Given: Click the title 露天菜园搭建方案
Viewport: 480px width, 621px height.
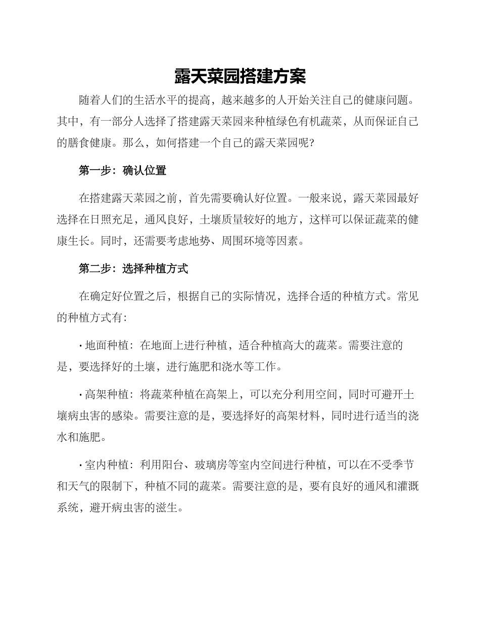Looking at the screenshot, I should tap(240, 77).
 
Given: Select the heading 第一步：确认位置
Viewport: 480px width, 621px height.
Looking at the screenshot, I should tap(122, 171).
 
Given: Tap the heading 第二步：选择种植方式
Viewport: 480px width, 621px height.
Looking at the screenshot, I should tap(133, 269).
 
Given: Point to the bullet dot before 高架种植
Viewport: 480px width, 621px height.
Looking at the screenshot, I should tap(81, 395).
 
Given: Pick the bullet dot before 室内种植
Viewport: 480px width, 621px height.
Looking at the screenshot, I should tap(81, 464).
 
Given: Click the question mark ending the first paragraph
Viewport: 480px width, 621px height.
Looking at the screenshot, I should tap(311, 143).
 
